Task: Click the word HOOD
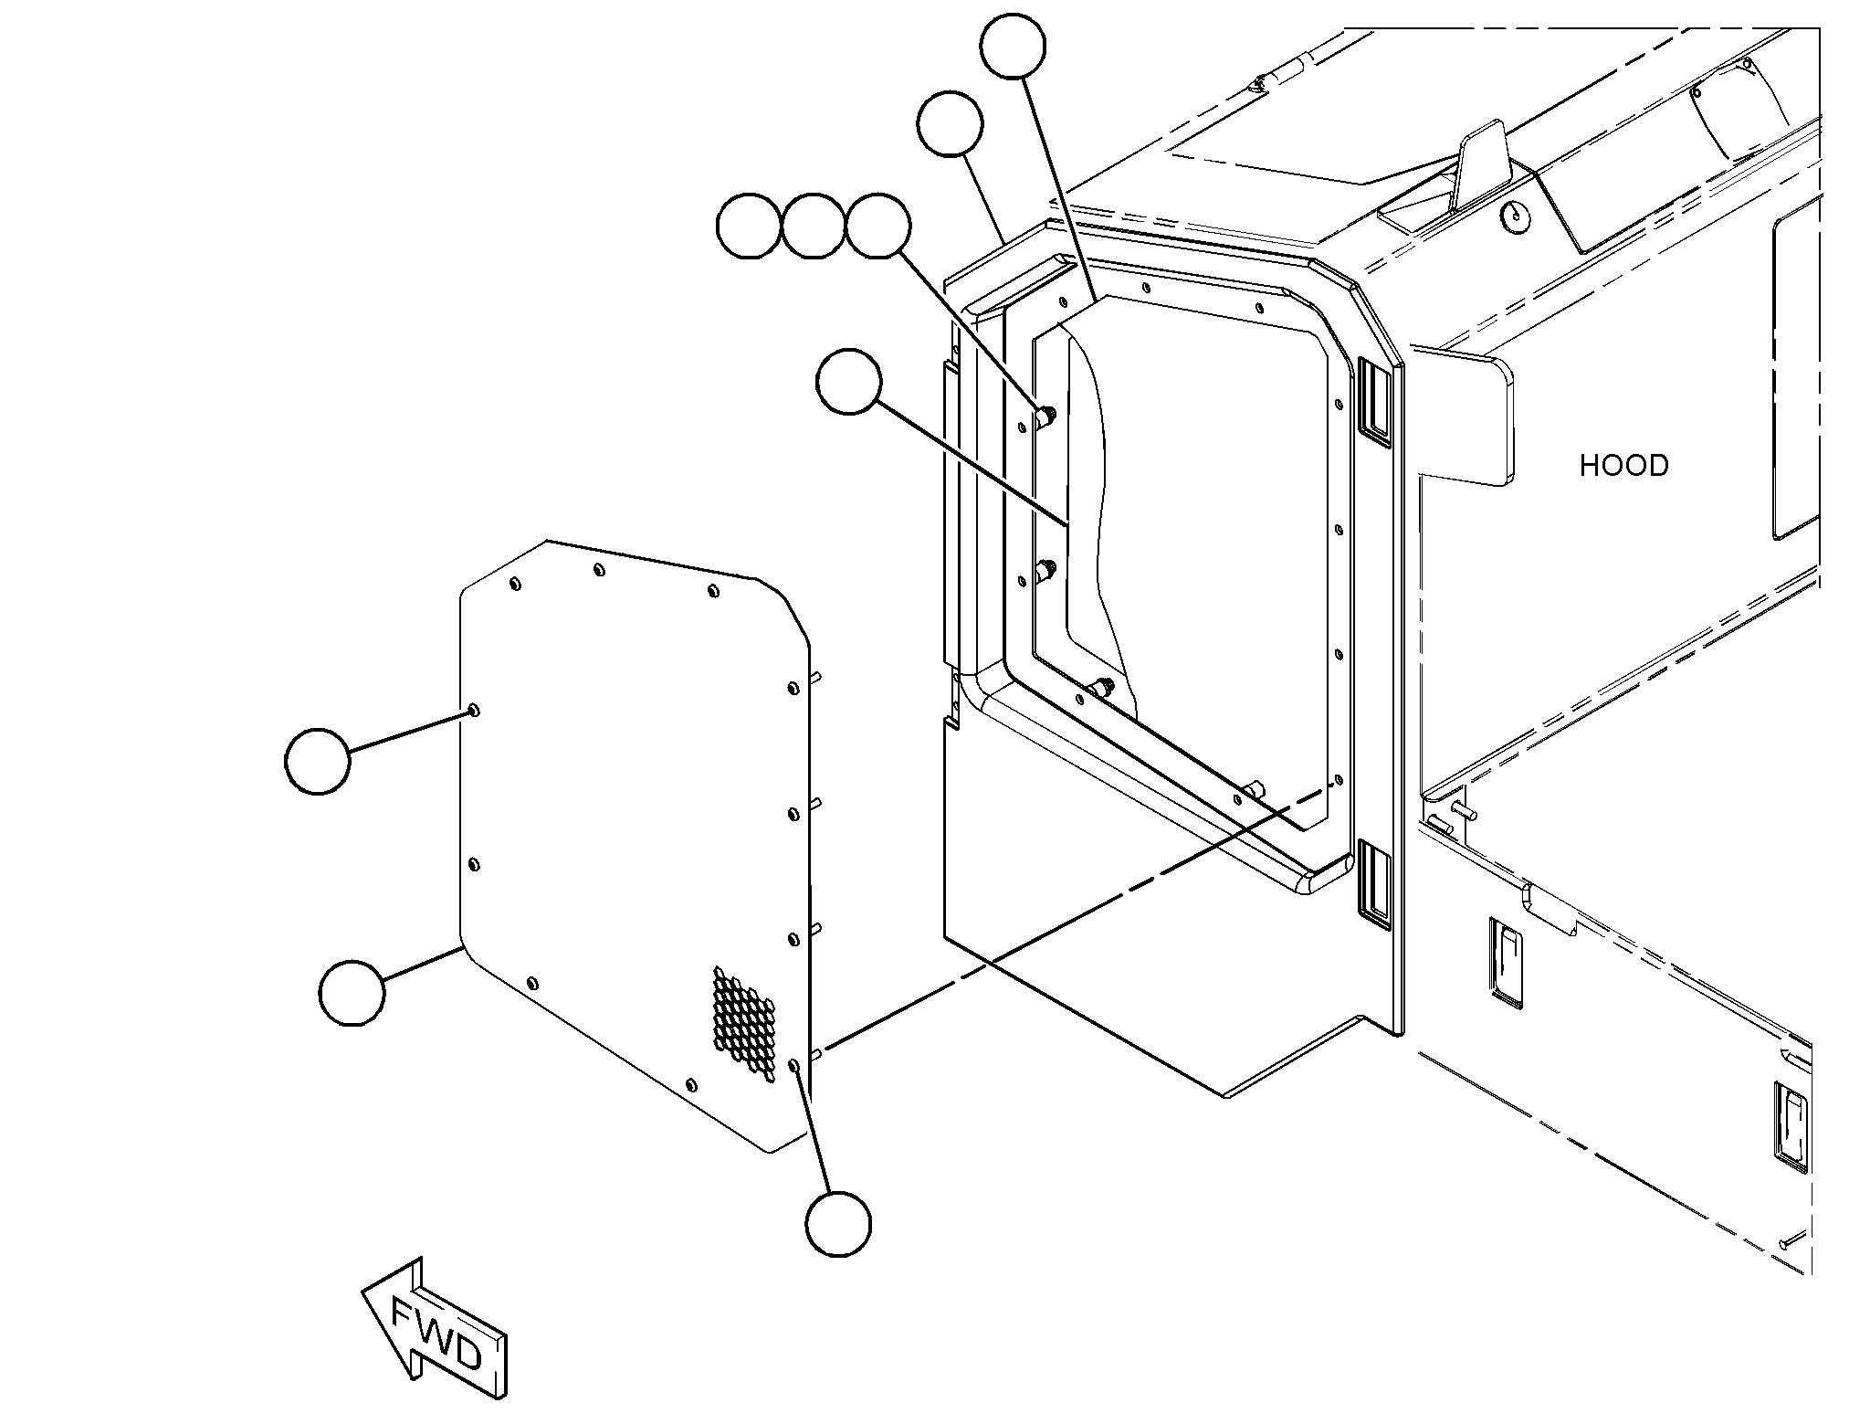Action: click(1623, 466)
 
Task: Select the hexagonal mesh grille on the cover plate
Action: click(744, 1023)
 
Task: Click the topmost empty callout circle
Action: click(1013, 46)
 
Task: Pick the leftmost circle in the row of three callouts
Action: click(750, 226)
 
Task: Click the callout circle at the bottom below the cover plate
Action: click(838, 1224)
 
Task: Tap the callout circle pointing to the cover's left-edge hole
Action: click(318, 761)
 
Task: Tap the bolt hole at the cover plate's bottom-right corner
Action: click(794, 1065)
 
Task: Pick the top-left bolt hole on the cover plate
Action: click(516, 584)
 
